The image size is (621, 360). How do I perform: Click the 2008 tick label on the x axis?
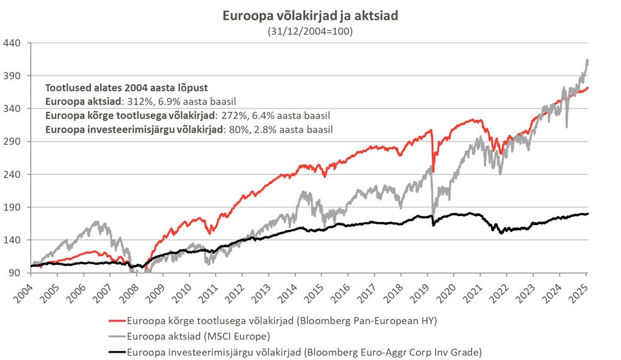point(127,288)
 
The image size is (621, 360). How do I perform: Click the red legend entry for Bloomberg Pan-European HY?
point(275,320)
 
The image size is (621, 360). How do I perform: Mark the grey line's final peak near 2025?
point(587,60)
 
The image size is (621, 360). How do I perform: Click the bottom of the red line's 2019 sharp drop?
point(433,171)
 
